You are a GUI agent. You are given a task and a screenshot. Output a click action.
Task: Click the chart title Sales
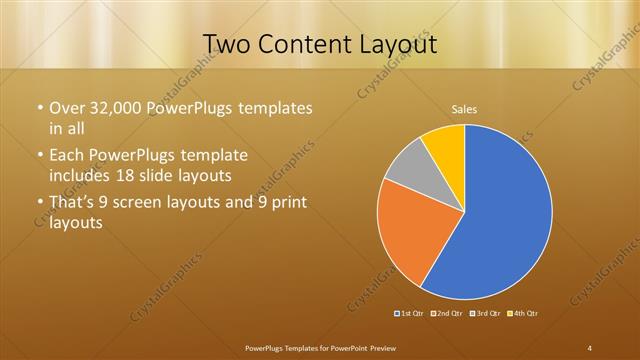click(464, 108)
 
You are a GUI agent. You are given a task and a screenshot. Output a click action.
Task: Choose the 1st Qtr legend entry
click(409, 314)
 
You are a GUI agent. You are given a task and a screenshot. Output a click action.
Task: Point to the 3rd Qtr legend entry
click(485, 314)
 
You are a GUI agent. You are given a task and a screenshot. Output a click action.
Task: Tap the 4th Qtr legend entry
click(523, 314)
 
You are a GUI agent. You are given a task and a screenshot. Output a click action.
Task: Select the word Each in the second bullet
click(67, 156)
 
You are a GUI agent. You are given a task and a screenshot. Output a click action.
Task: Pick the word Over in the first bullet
click(68, 107)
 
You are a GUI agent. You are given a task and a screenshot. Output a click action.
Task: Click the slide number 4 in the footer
click(590, 347)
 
